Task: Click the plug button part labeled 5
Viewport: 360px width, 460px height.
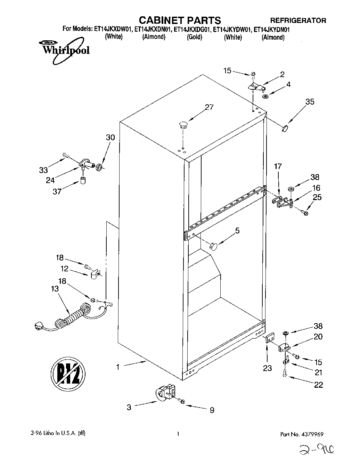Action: [x=213, y=246]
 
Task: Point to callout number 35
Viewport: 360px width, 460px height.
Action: [x=310, y=102]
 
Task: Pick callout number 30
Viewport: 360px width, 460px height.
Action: [x=110, y=138]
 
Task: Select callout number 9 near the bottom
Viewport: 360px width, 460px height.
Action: [x=212, y=410]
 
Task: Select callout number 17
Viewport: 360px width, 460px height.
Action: [x=278, y=167]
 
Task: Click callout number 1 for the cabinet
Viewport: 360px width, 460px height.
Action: [x=118, y=367]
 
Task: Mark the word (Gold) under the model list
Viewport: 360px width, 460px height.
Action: [x=194, y=37]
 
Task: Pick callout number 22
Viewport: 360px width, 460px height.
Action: [x=318, y=385]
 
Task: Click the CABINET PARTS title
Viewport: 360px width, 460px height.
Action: [x=180, y=20]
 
